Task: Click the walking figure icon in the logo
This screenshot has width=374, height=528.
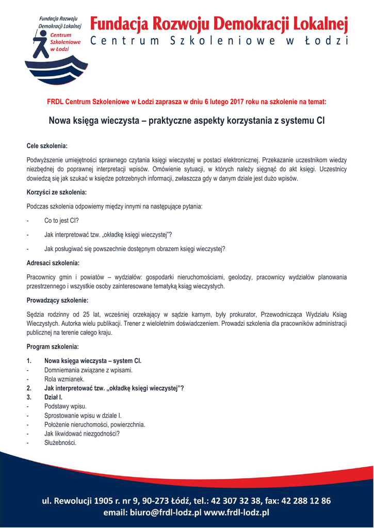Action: pyautogui.click(x=39, y=44)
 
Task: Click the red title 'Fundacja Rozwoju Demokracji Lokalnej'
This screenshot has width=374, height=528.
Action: pyautogui.click(x=219, y=24)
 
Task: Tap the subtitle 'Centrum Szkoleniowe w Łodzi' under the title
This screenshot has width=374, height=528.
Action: pyautogui.click(x=219, y=41)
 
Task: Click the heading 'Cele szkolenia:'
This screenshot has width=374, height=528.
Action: pyautogui.click(x=47, y=146)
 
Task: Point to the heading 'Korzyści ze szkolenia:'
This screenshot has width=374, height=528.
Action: pyautogui.click(x=57, y=192)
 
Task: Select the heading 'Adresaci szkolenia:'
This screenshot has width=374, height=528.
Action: pyautogui.click(x=52, y=263)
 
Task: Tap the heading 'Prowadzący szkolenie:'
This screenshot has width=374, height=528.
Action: pyautogui.click(x=57, y=300)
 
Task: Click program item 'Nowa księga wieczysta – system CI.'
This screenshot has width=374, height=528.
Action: pyautogui.click(x=93, y=360)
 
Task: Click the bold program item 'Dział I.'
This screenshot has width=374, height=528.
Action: pyautogui.click(x=54, y=398)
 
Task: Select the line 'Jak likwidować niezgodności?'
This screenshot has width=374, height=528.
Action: pyautogui.click(x=82, y=434)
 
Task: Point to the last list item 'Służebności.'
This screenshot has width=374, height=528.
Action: pyautogui.click(x=60, y=443)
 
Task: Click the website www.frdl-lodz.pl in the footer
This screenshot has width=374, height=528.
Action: pyautogui.click(x=237, y=513)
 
